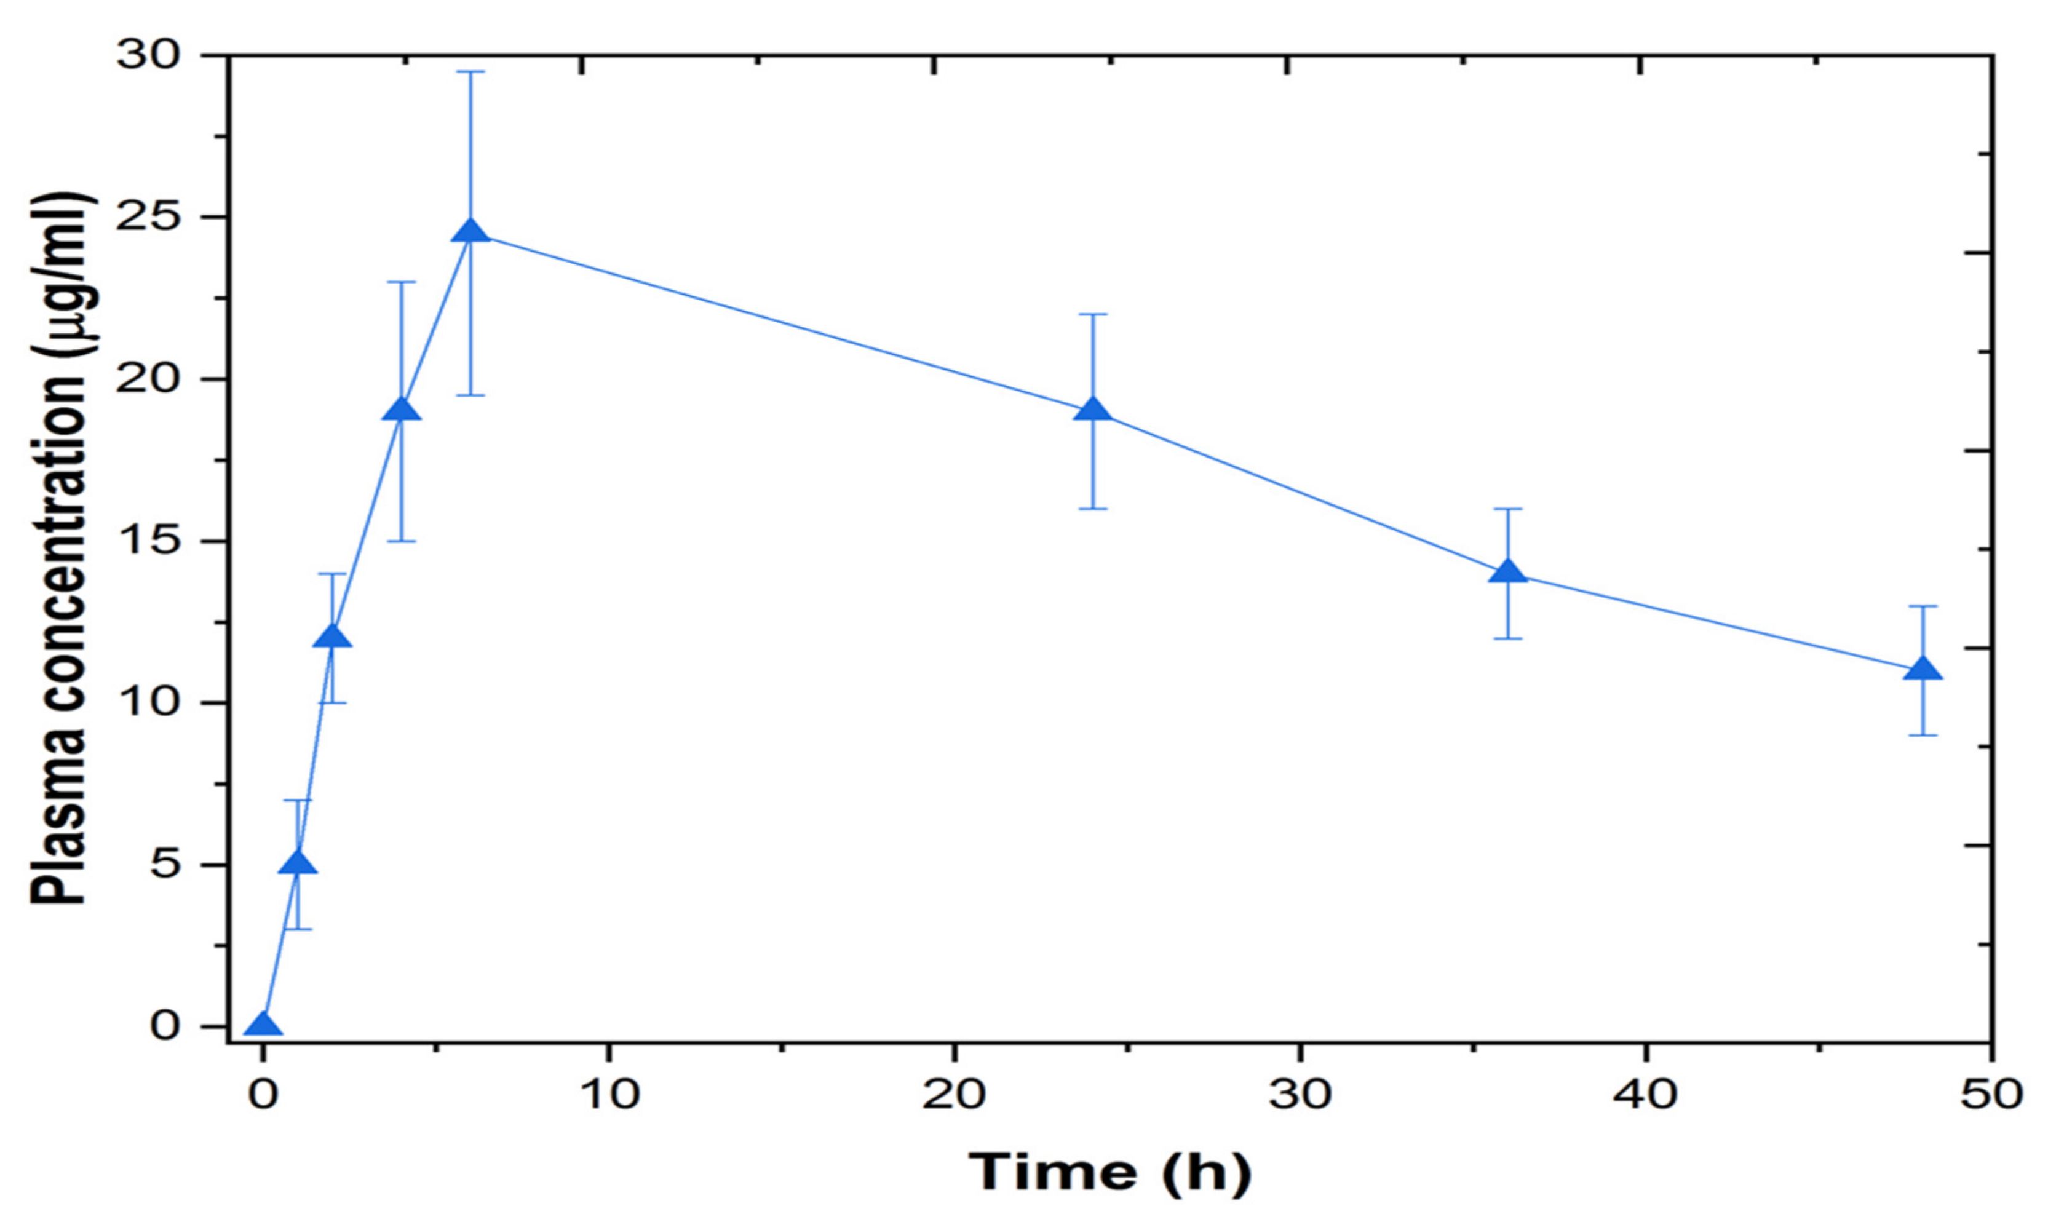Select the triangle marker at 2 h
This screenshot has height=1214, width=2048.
(332, 637)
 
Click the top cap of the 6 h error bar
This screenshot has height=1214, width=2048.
(470, 72)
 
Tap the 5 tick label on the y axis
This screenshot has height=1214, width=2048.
(165, 865)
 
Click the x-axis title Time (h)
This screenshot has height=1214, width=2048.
(1110, 1172)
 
